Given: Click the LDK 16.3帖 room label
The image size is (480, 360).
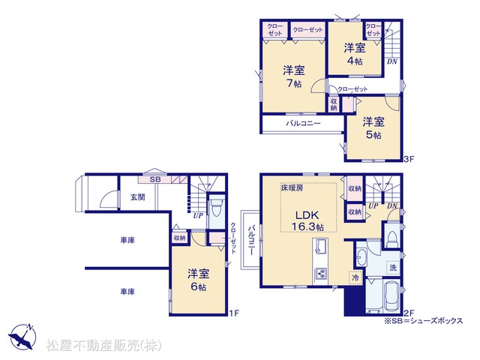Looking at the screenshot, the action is coord(307,220).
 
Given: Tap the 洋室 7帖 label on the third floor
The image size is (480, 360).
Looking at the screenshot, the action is coord(294,76).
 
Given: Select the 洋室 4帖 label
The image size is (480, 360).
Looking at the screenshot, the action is coord(355,54).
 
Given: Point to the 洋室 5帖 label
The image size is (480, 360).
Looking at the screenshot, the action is coord(373,128).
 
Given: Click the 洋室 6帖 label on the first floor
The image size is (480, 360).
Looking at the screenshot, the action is coord(199,280).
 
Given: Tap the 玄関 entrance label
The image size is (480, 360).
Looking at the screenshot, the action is coord(138,197).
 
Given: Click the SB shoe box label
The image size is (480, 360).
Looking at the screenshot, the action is coord(155,180).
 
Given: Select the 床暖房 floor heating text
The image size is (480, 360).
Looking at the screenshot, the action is coord(292,187).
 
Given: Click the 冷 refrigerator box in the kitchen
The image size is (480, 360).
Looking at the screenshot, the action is coord(355,277).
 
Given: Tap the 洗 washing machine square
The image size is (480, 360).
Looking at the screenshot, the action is coord(393,268).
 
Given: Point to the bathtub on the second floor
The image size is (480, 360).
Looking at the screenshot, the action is coord(391,295).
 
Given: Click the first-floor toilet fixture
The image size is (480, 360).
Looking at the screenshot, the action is coord(217,208).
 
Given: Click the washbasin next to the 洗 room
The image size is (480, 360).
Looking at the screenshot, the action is coord(361,258).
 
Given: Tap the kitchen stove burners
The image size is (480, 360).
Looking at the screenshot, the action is coord(321,273).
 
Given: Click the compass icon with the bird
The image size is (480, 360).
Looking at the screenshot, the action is coord(22,336).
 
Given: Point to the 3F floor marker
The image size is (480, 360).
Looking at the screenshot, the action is coord(409,159).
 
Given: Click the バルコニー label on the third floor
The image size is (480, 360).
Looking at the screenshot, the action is coord(303,123).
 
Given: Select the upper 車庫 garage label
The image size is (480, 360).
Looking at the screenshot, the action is coord(127,240).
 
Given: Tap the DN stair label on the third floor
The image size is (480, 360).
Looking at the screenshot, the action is coord(392,61).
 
